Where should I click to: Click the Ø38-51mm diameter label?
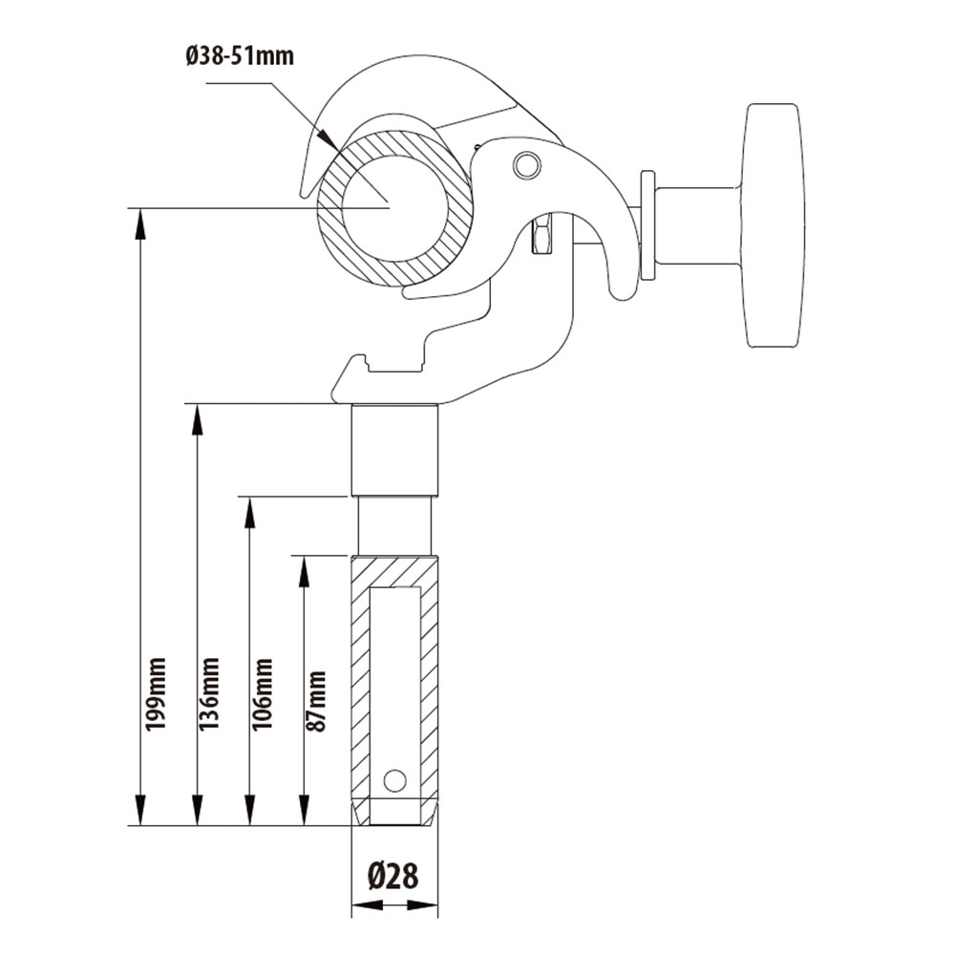click(240, 55)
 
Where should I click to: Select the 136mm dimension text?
click(209, 693)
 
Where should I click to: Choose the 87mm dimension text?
click(316, 701)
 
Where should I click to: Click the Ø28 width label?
click(393, 876)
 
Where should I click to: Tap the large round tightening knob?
click(772, 225)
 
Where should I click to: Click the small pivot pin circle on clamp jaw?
click(524, 166)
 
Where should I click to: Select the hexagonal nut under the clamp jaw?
click(541, 235)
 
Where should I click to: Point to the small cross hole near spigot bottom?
click(393, 779)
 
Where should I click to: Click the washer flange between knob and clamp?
click(647, 225)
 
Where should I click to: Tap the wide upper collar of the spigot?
click(394, 449)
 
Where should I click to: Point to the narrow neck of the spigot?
click(394, 525)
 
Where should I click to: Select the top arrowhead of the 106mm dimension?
click(249, 512)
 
